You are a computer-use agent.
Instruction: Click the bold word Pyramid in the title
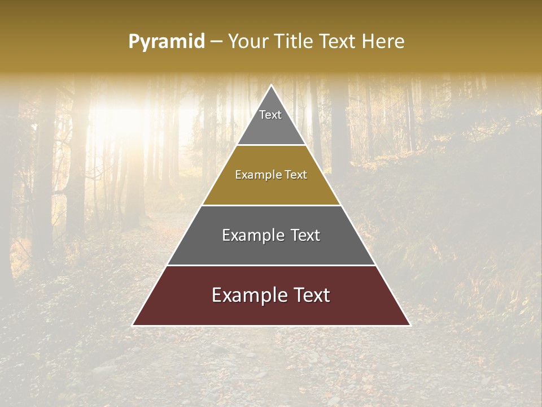pyautogui.click(x=167, y=41)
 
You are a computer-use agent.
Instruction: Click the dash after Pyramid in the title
pyautogui.click(x=216, y=42)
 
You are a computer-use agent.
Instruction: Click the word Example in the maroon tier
pyautogui.click(x=246, y=295)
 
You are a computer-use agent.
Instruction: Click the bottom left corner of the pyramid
pyautogui.click(x=133, y=325)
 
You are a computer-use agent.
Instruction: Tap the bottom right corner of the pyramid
pyautogui.click(x=409, y=325)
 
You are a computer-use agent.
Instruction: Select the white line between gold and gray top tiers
pyautogui.click(x=271, y=145)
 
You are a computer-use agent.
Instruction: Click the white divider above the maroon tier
pyautogui.click(x=271, y=265)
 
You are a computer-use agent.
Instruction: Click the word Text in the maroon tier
pyautogui.click(x=309, y=295)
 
